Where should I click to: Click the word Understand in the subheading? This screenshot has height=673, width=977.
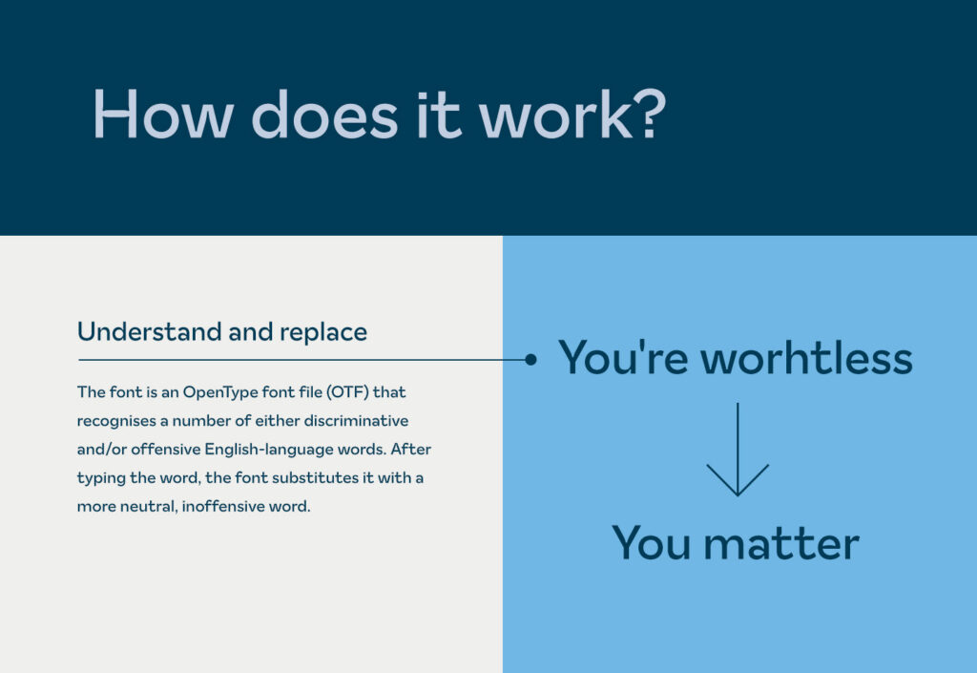pos(148,332)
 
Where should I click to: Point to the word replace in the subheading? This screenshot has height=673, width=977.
pos(323,332)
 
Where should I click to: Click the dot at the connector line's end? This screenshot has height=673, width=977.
pos(531,360)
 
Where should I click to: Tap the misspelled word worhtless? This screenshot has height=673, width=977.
pos(806,358)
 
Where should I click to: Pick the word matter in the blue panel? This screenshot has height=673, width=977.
pos(780,542)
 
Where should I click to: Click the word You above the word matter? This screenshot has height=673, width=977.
pos(653,542)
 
